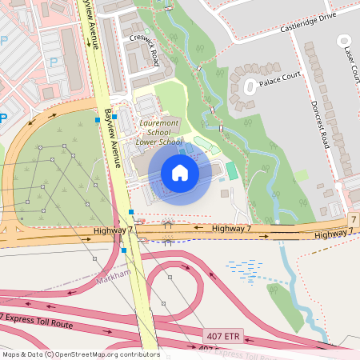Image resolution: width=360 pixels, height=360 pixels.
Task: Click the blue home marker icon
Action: point(180,173)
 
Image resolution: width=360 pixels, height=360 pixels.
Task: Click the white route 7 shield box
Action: point(353,219)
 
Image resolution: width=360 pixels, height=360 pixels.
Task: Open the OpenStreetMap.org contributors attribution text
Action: point(114,354)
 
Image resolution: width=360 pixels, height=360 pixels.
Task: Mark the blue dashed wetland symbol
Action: point(244,270)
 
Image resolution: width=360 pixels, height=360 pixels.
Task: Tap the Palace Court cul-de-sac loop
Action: point(250,84)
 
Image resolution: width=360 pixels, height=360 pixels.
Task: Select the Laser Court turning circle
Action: point(344,40)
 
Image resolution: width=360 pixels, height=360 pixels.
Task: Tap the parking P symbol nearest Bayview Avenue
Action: point(54,62)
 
